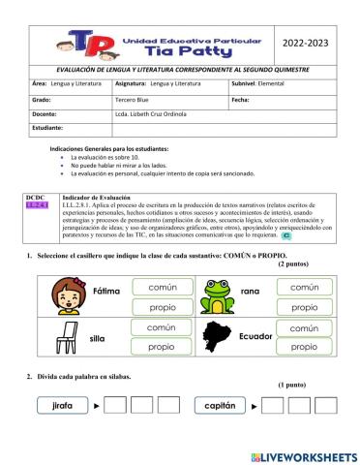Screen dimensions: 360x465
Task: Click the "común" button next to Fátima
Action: coord(162,288)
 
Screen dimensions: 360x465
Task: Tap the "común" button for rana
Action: coord(305,288)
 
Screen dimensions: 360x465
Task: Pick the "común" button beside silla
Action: coord(162,328)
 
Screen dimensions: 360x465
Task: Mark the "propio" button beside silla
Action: coord(162,347)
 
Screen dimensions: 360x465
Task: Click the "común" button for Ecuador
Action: coord(305,328)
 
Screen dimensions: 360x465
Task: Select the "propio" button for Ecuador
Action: coord(305,347)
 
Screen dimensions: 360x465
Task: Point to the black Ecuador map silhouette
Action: coord(218,337)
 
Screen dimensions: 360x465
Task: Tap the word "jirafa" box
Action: coord(64,408)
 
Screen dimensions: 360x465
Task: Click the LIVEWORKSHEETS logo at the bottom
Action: coord(303,455)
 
